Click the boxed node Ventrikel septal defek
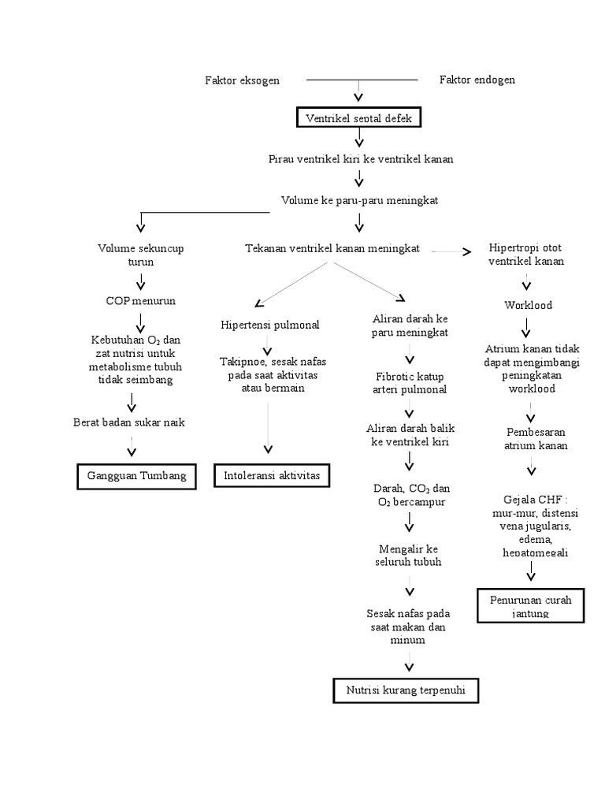(358, 118)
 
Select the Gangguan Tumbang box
(137, 476)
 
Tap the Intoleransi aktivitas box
(272, 476)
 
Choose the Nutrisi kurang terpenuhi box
(406, 690)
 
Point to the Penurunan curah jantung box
(530, 606)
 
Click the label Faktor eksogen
(242, 80)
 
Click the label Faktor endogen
(477, 80)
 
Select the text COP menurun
(140, 301)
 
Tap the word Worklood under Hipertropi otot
(528, 305)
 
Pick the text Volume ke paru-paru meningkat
(359, 200)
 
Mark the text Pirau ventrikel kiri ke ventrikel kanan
(360, 159)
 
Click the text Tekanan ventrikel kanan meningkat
(332, 248)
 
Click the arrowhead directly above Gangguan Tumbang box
(132, 452)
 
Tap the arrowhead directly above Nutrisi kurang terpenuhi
(408, 667)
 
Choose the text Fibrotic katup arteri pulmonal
(409, 383)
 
